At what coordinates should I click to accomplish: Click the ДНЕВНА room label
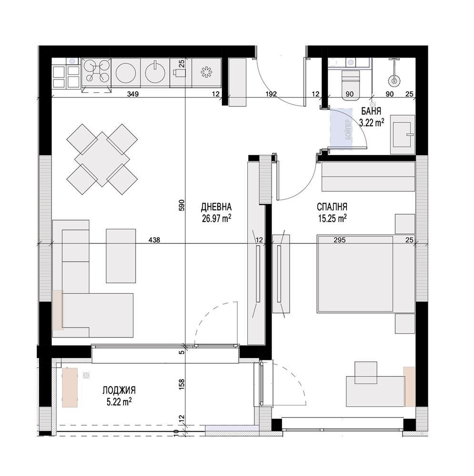click(216, 207)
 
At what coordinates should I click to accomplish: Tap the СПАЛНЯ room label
click(332, 207)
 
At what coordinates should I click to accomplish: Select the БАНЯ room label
click(371, 111)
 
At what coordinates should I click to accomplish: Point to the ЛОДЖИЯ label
click(119, 390)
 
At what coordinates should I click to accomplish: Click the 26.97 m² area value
click(216, 218)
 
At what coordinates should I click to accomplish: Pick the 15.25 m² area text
click(333, 218)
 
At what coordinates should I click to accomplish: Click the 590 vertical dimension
click(182, 205)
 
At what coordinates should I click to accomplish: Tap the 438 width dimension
click(154, 240)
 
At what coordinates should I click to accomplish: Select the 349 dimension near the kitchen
click(133, 94)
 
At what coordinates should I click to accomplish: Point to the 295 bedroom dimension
click(339, 240)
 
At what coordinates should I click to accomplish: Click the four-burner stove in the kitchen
click(96, 72)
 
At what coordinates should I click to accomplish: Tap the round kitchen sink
click(155, 73)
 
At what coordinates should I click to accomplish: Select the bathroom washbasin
click(402, 134)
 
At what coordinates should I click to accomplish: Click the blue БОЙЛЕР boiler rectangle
click(341, 129)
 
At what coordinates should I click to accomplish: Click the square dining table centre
click(102, 159)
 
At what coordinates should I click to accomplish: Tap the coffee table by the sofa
click(121, 256)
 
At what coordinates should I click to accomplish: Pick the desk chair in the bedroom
click(366, 373)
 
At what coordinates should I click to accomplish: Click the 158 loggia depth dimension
click(182, 384)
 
